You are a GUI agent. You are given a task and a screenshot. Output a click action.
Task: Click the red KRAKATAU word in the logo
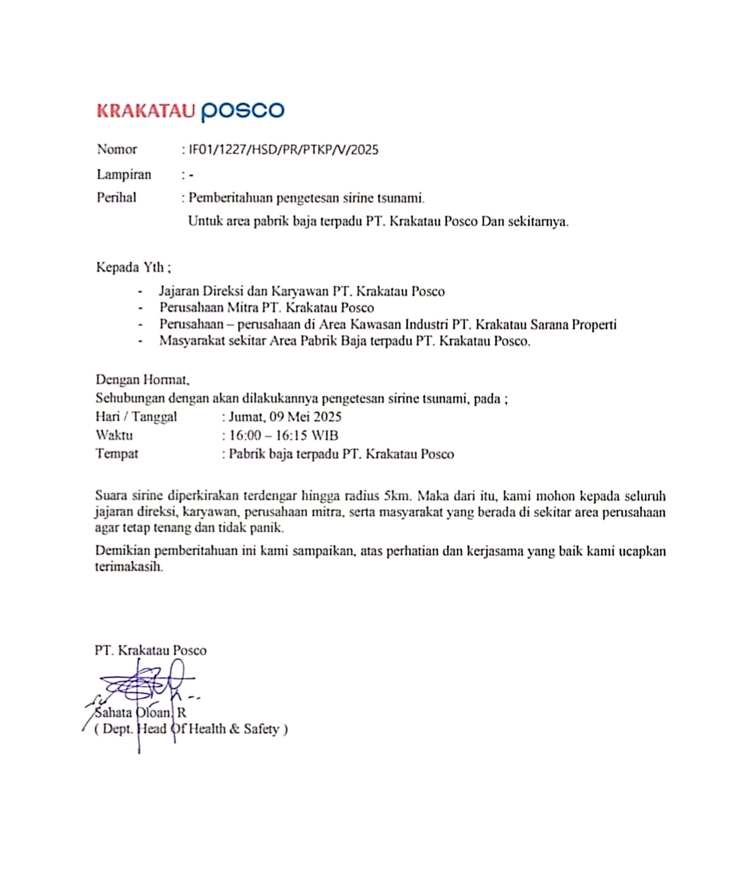[146, 111]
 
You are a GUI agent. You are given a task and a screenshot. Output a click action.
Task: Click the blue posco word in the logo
[242, 111]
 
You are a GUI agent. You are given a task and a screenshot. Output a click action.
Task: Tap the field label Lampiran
[124, 174]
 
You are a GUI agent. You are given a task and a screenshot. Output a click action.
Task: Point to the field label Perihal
[117, 198]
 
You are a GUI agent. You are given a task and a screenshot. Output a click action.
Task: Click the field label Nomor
[117, 149]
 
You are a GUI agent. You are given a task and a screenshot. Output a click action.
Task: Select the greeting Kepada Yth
[133, 268]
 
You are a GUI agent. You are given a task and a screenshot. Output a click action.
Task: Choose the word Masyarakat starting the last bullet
[192, 341]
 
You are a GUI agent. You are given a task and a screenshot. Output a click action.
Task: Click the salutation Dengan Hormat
[142, 380]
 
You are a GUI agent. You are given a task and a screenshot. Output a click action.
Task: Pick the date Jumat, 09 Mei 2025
[285, 417]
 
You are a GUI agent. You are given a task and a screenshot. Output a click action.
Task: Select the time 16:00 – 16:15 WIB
[283, 435]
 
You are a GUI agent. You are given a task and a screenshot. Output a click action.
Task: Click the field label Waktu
[114, 435]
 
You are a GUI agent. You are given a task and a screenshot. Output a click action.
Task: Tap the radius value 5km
[397, 496]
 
